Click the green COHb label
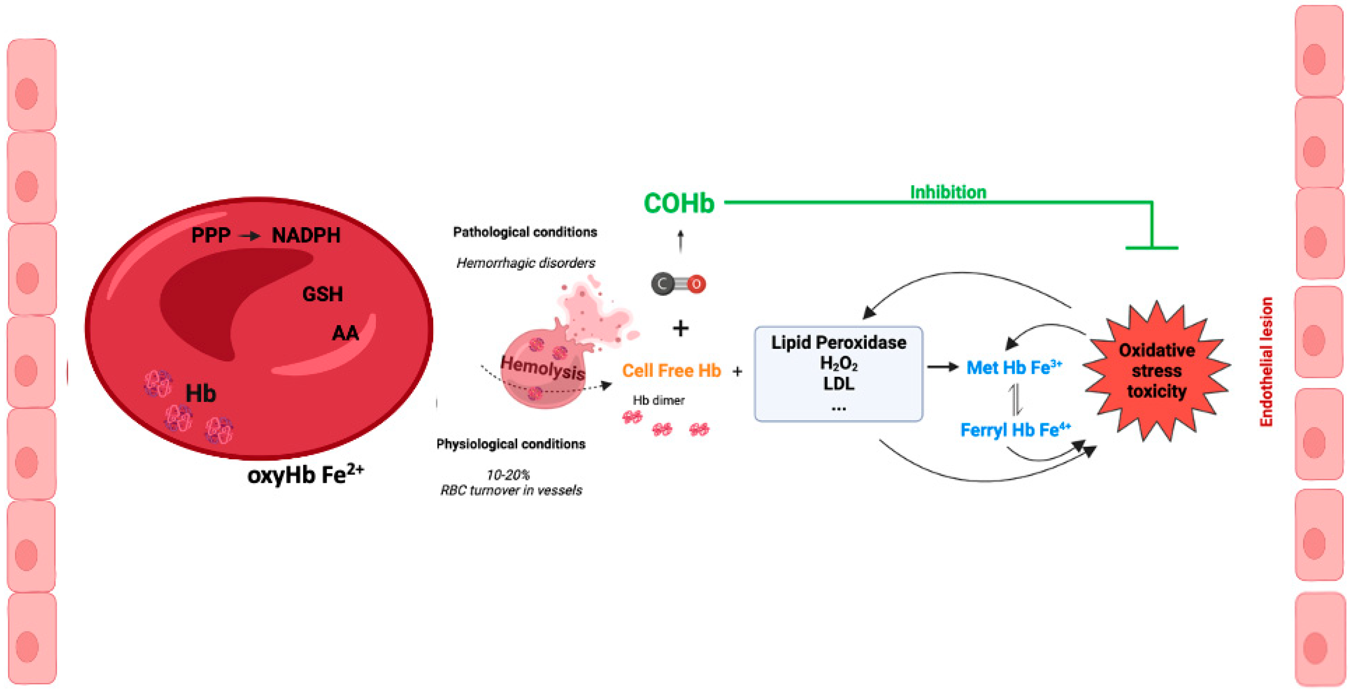[x=679, y=203]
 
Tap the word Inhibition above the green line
[x=948, y=192]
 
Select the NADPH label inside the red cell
[x=306, y=236]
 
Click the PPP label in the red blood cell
[x=211, y=236]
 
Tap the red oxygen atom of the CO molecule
[x=696, y=284]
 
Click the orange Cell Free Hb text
[x=671, y=371]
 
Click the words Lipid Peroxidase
[x=838, y=343]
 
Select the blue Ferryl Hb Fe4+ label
[x=1015, y=430]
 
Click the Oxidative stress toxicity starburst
[x=1156, y=371]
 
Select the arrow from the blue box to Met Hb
[x=943, y=367]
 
